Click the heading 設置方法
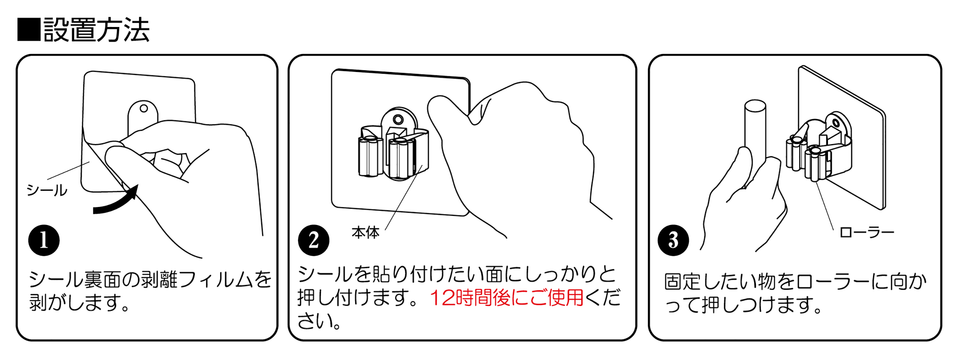(x=97, y=30)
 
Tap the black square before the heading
(x=29, y=30)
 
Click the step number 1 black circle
(x=44, y=240)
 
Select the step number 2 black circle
(x=313, y=240)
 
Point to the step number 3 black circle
(x=673, y=240)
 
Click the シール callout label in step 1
(x=47, y=190)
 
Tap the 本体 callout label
(x=365, y=233)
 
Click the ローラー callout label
(x=867, y=233)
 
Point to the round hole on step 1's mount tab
(x=144, y=109)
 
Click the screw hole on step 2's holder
(x=398, y=120)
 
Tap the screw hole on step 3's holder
(x=836, y=123)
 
